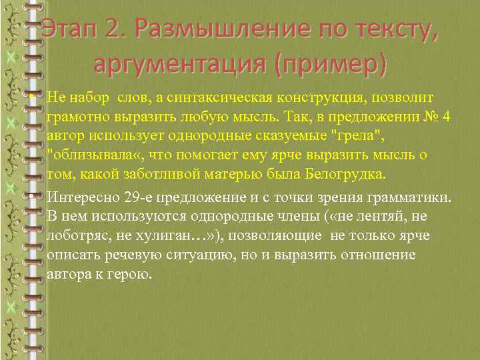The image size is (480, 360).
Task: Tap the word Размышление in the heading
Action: (x=210, y=30)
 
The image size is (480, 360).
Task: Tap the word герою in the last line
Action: (x=137, y=275)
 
